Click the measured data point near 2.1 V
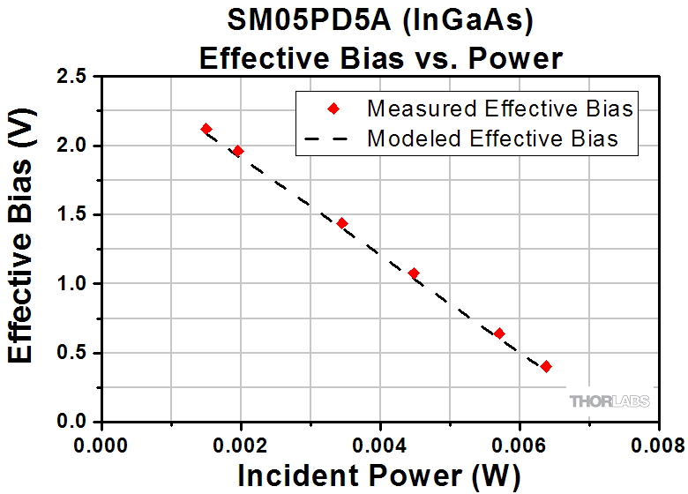[206, 129]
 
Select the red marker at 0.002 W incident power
[237, 151]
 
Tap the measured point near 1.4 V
[341, 223]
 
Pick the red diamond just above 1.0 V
[414, 273]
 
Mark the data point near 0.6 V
[499, 333]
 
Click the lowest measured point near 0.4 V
[546, 366]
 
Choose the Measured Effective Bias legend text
[500, 109]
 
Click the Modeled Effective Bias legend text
[492, 138]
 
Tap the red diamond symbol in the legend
[333, 109]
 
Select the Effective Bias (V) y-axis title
[25, 249]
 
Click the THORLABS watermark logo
[609, 401]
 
